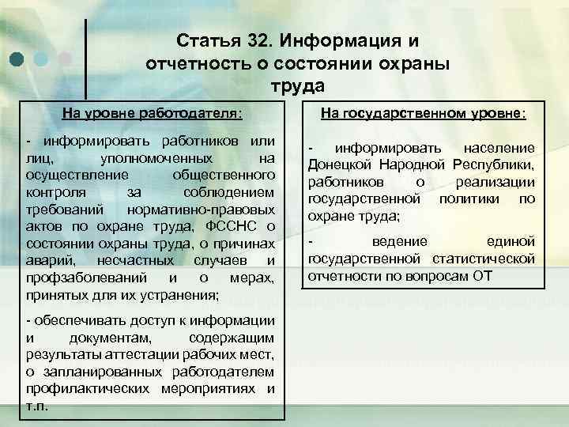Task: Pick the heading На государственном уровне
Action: [422, 114]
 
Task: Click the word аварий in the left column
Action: [47, 260]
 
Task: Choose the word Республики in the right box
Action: [495, 164]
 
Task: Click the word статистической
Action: [484, 259]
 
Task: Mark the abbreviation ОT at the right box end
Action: [482, 276]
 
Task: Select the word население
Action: [499, 147]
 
